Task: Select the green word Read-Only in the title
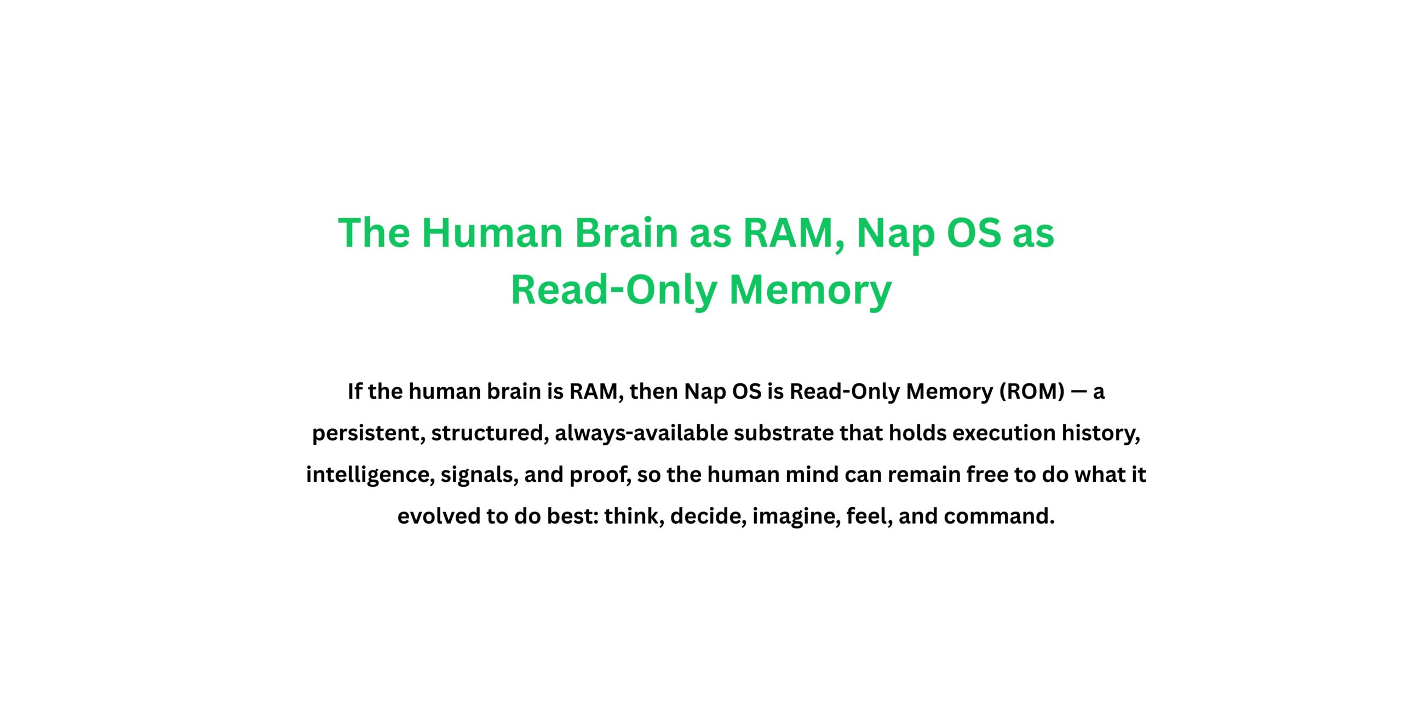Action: (613, 290)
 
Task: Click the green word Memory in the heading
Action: (811, 290)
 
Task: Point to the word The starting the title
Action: (374, 233)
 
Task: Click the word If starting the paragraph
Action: (354, 392)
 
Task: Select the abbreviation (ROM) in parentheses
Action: (1032, 392)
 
